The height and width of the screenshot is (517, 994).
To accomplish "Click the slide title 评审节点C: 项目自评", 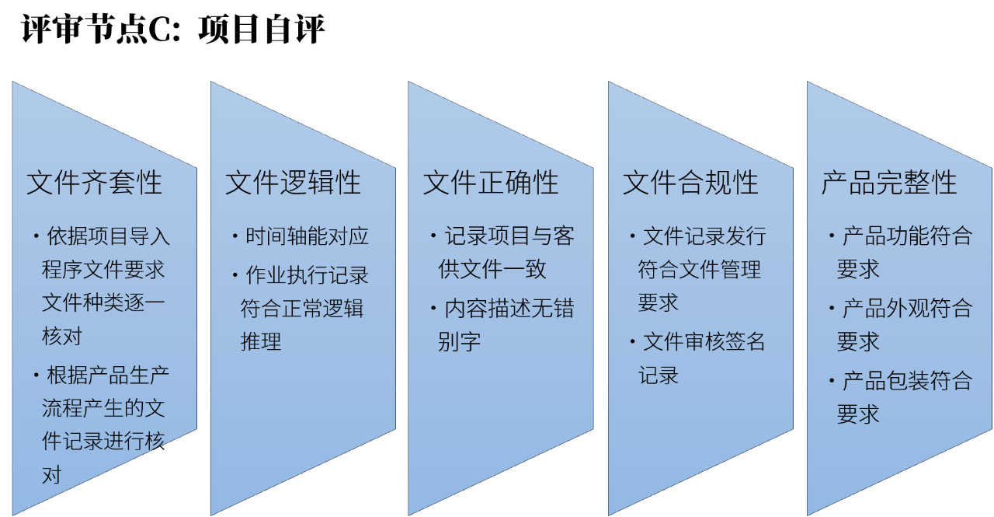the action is (x=173, y=29).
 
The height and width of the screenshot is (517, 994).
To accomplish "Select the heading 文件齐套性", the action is (x=94, y=183).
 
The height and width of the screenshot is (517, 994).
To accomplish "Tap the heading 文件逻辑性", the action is (x=293, y=183).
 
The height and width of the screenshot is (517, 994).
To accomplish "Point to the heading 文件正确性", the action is (x=490, y=183).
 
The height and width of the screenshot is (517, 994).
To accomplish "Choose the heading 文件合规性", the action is (x=690, y=183).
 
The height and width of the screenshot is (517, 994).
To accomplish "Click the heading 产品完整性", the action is (x=889, y=183).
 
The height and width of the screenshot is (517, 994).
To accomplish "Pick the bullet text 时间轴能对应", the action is (x=307, y=236).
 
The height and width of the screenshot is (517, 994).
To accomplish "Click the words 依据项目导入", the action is (x=108, y=236).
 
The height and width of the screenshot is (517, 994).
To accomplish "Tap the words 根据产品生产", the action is (x=108, y=376).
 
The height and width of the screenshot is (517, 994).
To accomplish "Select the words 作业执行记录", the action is (x=307, y=275).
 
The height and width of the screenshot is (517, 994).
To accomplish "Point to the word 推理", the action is (x=261, y=341).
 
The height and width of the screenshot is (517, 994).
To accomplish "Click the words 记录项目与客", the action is (x=509, y=236).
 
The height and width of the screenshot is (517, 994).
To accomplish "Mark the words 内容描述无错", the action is (x=509, y=308).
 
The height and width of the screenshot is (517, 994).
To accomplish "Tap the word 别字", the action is (x=459, y=341).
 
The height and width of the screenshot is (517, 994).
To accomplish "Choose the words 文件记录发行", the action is (x=704, y=236).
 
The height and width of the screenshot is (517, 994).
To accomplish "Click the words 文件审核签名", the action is (x=704, y=341).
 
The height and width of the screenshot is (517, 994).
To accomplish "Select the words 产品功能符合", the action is (x=908, y=236).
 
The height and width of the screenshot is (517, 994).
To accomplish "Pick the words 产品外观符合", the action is (x=908, y=308).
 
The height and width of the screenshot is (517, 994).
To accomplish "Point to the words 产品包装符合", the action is (x=908, y=381).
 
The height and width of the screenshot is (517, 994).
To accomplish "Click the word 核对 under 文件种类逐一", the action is (x=62, y=336).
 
